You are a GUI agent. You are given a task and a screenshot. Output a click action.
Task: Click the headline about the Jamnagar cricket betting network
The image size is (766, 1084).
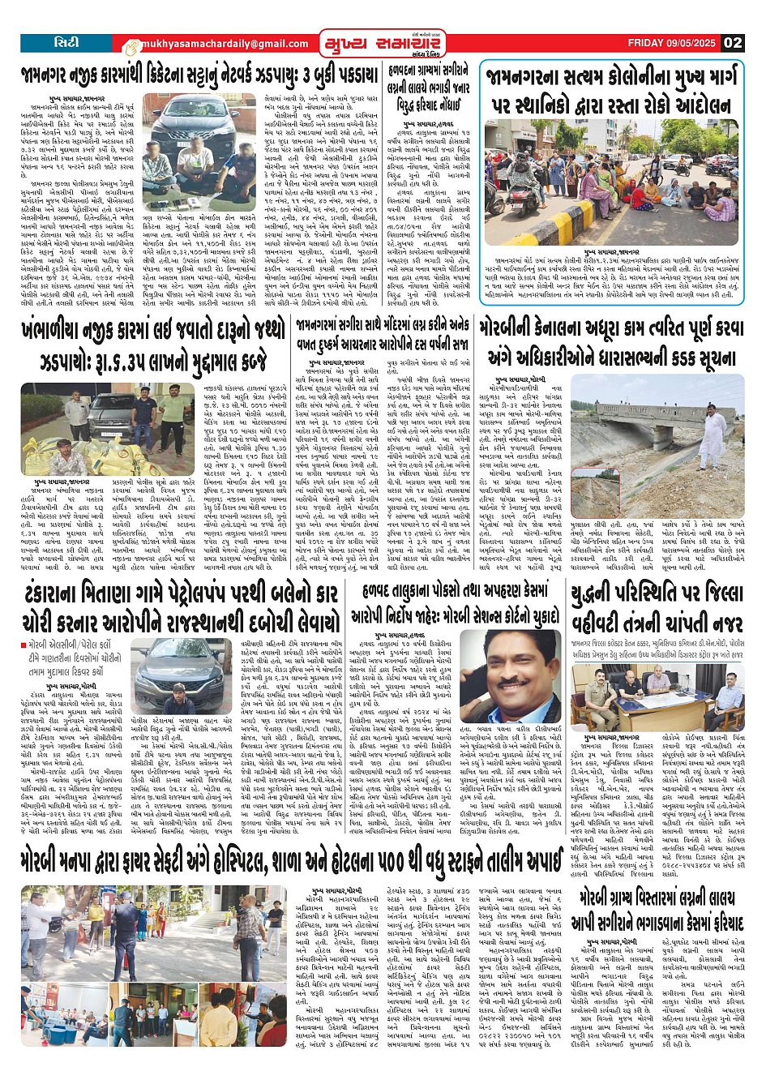click(x=199, y=76)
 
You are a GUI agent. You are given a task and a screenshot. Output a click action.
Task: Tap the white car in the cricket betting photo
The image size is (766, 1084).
click(x=190, y=114)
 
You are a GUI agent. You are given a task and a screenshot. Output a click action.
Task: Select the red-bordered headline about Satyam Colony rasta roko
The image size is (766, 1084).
click(x=612, y=90)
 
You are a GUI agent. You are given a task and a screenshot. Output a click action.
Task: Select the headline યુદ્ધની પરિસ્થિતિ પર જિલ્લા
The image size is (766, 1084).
click(x=657, y=612)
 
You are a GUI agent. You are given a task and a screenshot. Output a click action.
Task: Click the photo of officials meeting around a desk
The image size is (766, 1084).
click(x=657, y=697)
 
